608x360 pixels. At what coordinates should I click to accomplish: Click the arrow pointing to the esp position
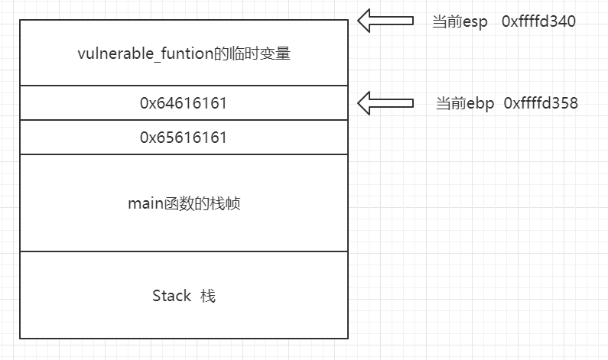click(x=386, y=21)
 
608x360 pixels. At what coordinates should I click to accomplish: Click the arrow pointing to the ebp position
click(x=386, y=103)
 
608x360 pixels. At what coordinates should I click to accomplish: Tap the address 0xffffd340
click(x=538, y=21)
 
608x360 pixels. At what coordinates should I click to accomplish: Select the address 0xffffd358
click(x=541, y=103)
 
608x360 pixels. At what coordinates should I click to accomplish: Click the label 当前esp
click(x=460, y=21)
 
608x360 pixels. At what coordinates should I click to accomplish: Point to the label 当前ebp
click(x=462, y=103)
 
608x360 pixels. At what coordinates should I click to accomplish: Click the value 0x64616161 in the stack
click(x=184, y=103)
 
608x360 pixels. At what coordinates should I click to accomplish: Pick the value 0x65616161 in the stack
click(x=184, y=138)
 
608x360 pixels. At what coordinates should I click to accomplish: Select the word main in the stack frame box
click(x=143, y=203)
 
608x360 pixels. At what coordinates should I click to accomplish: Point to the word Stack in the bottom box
click(x=171, y=296)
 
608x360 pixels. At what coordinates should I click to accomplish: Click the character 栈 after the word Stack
click(x=207, y=296)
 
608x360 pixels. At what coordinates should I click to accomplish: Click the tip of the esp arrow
click(x=360, y=21)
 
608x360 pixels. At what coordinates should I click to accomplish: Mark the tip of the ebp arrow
click(x=360, y=103)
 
